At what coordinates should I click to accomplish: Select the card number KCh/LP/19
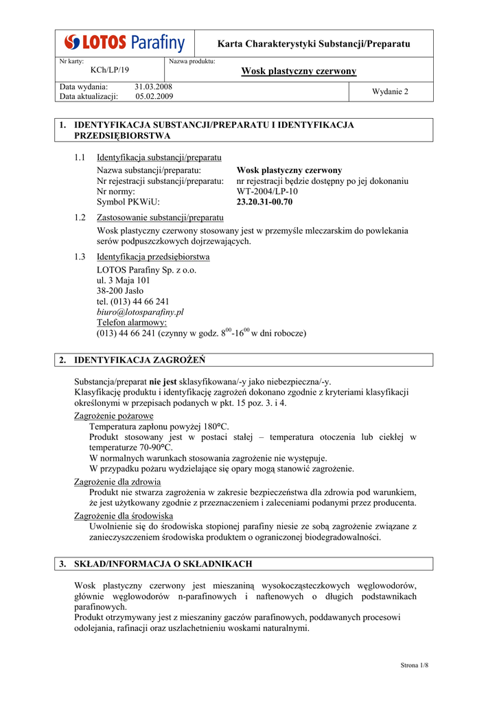(109, 70)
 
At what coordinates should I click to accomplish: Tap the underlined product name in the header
(299, 71)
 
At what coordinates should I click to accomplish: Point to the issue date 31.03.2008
(153, 87)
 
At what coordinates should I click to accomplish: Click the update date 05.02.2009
(154, 97)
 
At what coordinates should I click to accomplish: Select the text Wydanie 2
(390, 92)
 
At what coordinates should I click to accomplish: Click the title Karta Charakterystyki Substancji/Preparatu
(313, 44)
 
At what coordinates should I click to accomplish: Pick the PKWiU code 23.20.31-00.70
(264, 202)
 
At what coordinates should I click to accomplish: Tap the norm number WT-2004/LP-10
(267, 192)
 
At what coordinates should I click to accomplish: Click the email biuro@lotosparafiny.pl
(140, 312)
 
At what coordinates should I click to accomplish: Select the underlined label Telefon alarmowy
(132, 322)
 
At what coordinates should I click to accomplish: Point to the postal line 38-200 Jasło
(120, 290)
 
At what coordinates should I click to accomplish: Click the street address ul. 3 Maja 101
(124, 280)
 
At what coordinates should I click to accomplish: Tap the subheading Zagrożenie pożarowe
(113, 415)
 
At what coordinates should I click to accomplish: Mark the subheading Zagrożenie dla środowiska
(124, 516)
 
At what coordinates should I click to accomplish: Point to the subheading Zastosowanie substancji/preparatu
(160, 218)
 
